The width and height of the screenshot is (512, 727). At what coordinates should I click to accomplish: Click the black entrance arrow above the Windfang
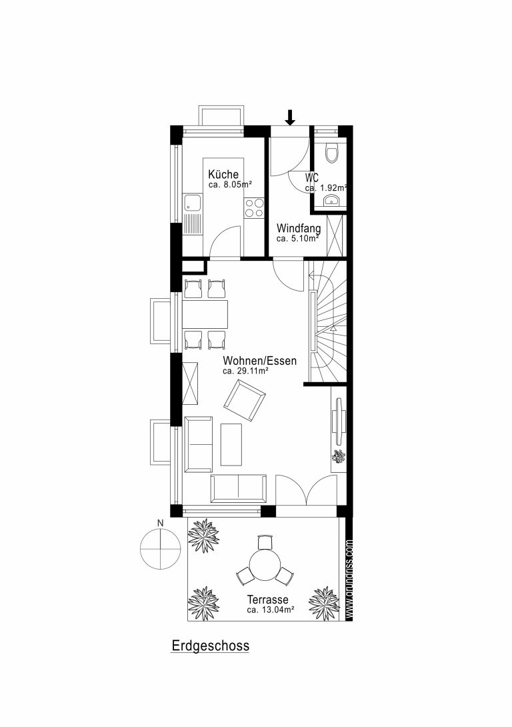[290, 117]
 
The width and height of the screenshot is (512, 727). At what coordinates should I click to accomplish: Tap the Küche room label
[223, 174]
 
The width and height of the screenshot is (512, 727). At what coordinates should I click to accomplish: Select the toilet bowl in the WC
[331, 153]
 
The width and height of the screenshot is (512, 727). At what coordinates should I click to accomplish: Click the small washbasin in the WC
[331, 200]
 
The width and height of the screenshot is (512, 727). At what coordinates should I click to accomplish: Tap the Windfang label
[299, 229]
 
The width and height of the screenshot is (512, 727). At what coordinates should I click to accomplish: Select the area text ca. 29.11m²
[246, 371]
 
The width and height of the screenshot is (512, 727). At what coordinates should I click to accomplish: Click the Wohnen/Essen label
[260, 360]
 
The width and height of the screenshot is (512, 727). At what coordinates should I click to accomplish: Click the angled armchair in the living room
[245, 400]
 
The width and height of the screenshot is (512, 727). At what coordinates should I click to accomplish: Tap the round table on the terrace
[265, 565]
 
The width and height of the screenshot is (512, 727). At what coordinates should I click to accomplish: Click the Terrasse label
[268, 600]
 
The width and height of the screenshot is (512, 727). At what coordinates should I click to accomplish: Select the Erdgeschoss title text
[211, 646]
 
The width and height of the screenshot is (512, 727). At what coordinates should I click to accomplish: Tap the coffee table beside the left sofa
[231, 444]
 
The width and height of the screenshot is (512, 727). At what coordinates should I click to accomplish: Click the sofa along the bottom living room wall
[239, 488]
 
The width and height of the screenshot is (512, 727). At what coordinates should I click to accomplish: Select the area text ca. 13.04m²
[271, 610]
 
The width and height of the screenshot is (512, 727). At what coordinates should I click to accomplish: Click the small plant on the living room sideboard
[339, 456]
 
